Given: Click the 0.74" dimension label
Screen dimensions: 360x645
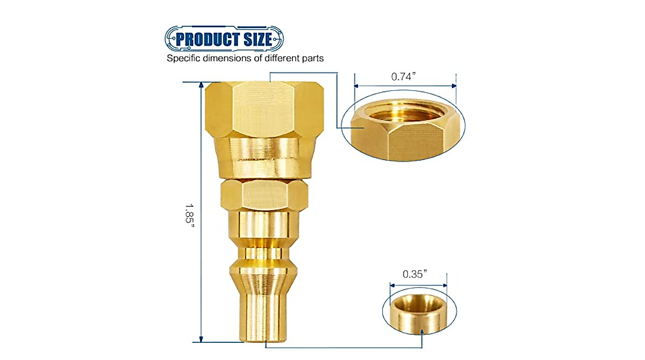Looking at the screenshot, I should coord(404,77).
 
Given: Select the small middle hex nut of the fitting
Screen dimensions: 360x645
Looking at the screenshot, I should coord(264,195).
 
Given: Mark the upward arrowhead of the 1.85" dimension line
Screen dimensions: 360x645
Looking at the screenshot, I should coord(201,86).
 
